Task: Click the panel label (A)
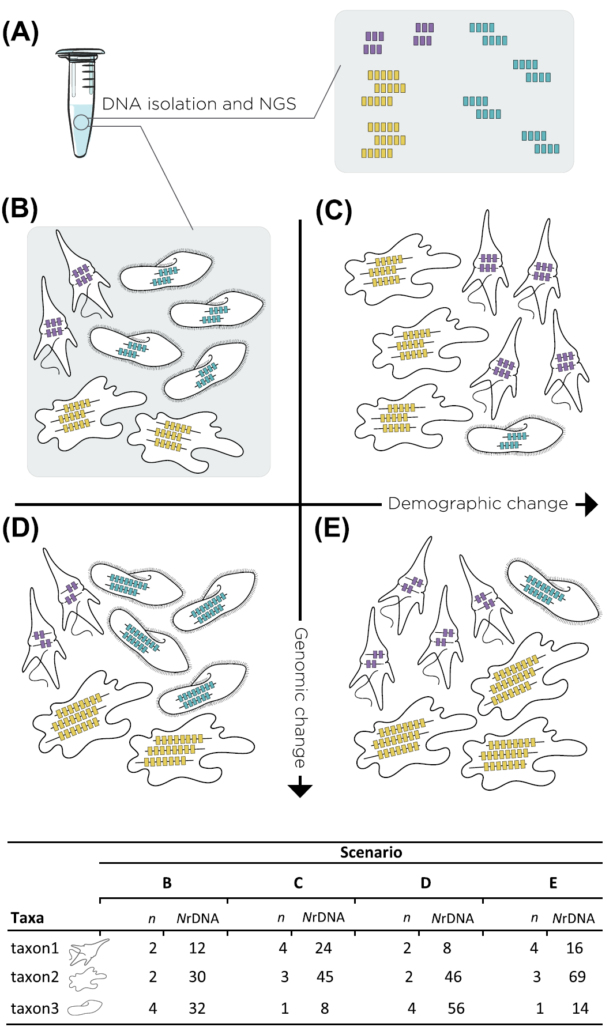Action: pyautogui.click(x=20, y=32)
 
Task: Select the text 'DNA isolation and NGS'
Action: pyautogui.click(x=199, y=104)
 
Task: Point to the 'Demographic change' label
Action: pyautogui.click(x=478, y=504)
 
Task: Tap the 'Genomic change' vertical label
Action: pyautogui.click(x=300, y=697)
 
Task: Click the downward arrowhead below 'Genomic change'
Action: pyautogui.click(x=300, y=788)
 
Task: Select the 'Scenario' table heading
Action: pyautogui.click(x=371, y=852)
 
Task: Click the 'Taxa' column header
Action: pyautogui.click(x=27, y=917)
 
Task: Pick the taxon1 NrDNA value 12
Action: pyautogui.click(x=197, y=948)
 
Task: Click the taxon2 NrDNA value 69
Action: pyautogui.click(x=577, y=977)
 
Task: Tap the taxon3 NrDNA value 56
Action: pyautogui.click(x=456, y=1008)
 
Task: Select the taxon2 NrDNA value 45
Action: pyautogui.click(x=325, y=977)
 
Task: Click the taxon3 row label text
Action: pyautogui.click(x=35, y=1008)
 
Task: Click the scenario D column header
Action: pyautogui.click(x=425, y=883)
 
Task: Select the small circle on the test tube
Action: pyautogui.click(x=81, y=122)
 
